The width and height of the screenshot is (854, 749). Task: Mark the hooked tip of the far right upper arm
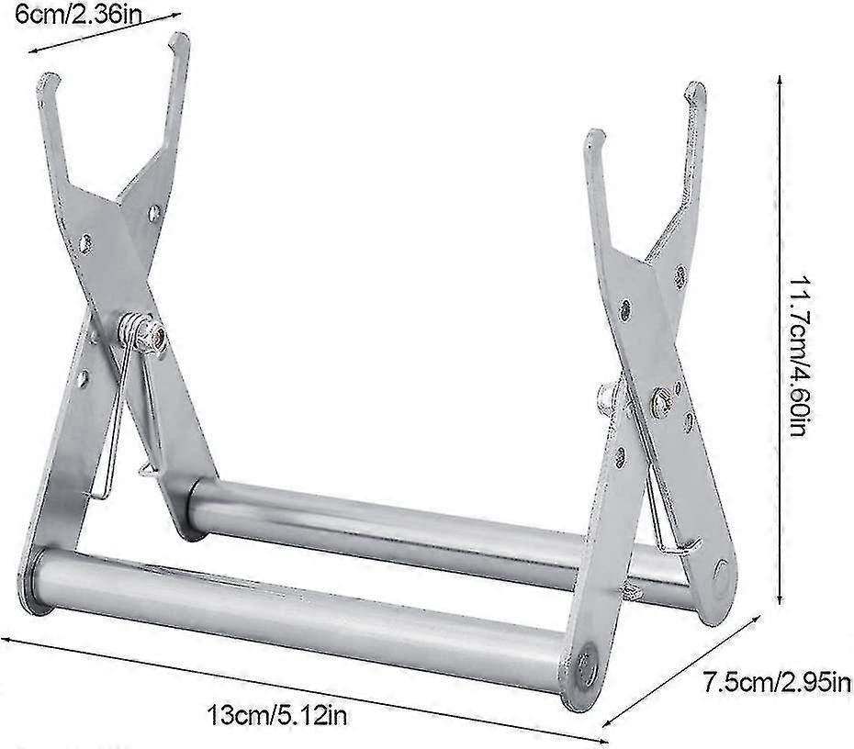[694, 89]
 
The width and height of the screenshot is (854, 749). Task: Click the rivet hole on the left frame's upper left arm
[85, 243]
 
